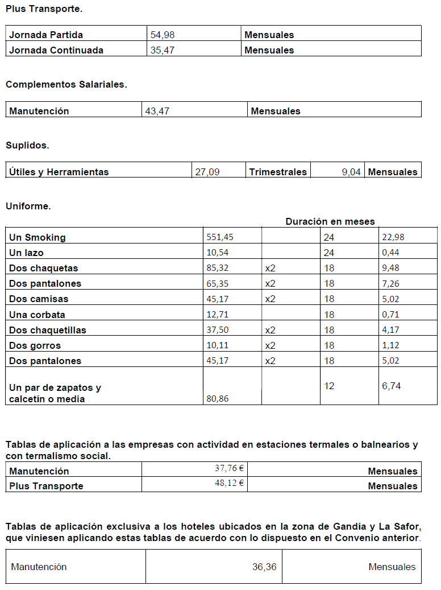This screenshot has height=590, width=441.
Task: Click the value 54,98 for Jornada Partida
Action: click(x=163, y=35)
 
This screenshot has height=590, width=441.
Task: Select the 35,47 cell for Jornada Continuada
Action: click(x=163, y=50)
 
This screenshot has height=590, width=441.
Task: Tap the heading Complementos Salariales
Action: click(x=66, y=85)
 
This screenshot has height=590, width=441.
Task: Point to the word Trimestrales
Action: click(x=278, y=172)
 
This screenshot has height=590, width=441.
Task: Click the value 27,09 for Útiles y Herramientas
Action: click(x=207, y=172)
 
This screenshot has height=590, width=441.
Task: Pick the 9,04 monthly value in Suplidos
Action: click(x=351, y=172)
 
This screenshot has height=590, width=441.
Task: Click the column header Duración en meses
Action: click(x=330, y=221)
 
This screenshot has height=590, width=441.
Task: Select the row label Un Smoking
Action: click(x=38, y=237)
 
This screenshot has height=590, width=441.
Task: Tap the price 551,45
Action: click(x=219, y=237)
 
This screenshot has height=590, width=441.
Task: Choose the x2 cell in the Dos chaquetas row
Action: click(x=270, y=268)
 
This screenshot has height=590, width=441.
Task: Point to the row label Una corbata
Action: click(x=38, y=315)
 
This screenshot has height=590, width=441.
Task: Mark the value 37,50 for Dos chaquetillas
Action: click(x=218, y=330)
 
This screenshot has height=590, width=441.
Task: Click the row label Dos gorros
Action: click(x=35, y=345)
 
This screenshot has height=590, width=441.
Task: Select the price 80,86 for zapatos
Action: click(x=218, y=399)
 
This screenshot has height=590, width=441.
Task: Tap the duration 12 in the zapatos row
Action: click(x=329, y=386)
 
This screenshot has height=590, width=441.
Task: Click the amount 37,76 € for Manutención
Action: click(x=229, y=469)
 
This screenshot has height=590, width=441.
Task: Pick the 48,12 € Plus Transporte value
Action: click(x=229, y=484)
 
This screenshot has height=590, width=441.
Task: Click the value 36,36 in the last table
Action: click(x=264, y=567)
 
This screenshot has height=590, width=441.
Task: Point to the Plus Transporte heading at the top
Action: click(x=44, y=9)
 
